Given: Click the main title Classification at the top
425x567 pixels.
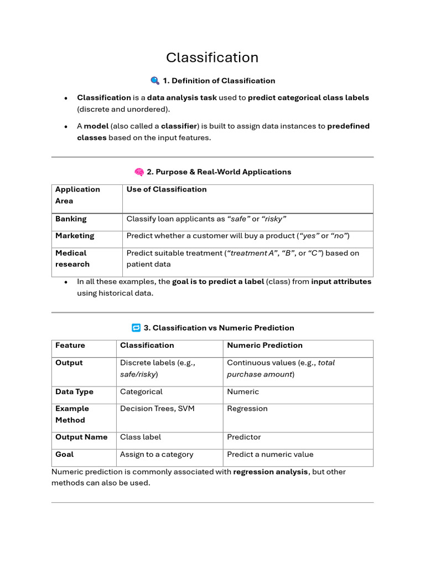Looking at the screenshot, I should point(212,58).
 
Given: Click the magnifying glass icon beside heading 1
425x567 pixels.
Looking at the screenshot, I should point(155,81).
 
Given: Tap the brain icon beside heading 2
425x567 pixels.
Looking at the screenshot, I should point(139,172).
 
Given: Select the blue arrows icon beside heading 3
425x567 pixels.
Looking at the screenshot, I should point(136,328).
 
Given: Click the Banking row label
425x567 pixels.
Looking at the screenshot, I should point(71,219).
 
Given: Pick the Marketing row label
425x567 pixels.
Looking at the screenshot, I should point(75,236).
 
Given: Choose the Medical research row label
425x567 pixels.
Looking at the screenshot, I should point(72,259).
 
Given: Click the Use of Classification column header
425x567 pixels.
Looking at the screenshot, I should point(167,189).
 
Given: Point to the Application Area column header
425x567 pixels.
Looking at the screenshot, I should point(77,195).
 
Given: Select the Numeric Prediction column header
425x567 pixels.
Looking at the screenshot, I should point(265,346).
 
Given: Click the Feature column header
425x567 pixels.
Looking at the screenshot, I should point(70,346).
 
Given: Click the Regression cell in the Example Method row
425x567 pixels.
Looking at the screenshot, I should point(247,409).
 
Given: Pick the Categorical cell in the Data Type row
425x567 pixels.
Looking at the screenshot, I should point(141,391).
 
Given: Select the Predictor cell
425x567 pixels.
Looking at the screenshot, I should point(243,437).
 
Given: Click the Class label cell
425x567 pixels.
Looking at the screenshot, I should point(141,437).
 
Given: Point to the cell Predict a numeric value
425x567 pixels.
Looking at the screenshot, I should point(270,455).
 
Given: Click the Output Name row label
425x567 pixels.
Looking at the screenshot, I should point(81,437).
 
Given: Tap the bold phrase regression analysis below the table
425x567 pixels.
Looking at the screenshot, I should point(271,472).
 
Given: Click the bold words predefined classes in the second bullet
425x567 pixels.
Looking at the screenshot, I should point(348,126).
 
